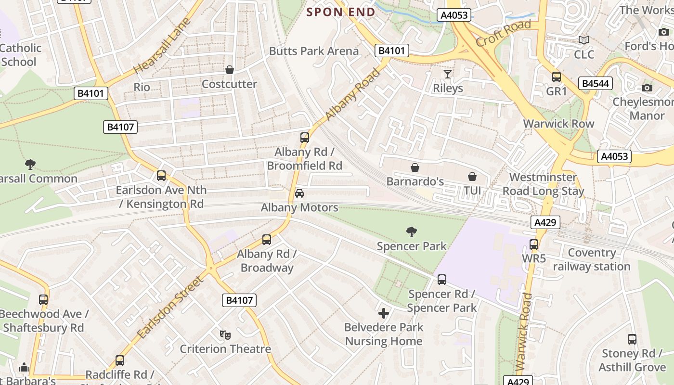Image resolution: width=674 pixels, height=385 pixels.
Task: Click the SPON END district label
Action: coord(341,12)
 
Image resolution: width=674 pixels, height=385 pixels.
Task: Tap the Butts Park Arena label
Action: coord(313,51)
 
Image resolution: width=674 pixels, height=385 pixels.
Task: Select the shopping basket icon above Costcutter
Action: coord(230,70)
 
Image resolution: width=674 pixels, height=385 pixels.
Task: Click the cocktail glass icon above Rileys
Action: coord(448,74)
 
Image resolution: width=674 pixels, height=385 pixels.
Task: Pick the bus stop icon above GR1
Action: coord(557,77)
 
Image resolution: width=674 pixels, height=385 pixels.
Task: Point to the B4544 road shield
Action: coord(596,84)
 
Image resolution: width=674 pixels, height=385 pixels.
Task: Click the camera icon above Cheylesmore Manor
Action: coord(647,88)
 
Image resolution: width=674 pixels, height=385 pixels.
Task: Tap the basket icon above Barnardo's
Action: coord(415,167)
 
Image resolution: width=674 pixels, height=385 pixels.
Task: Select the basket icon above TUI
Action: coord(472,177)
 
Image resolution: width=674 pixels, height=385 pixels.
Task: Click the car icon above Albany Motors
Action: coord(299,193)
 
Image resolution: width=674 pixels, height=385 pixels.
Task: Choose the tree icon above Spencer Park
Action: coord(411,232)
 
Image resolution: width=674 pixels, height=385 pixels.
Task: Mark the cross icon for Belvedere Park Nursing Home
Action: coord(384,314)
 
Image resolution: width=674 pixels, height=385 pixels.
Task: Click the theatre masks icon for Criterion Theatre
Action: coord(224,334)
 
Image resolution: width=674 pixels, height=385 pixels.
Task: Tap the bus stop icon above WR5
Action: coord(534,244)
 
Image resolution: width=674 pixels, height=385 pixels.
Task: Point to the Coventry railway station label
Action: coord(591,259)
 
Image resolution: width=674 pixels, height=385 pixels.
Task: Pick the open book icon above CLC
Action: coord(584,40)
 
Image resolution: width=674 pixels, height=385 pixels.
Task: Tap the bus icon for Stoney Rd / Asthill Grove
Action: coord(632,339)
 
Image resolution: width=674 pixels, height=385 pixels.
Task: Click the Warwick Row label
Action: coord(558,124)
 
